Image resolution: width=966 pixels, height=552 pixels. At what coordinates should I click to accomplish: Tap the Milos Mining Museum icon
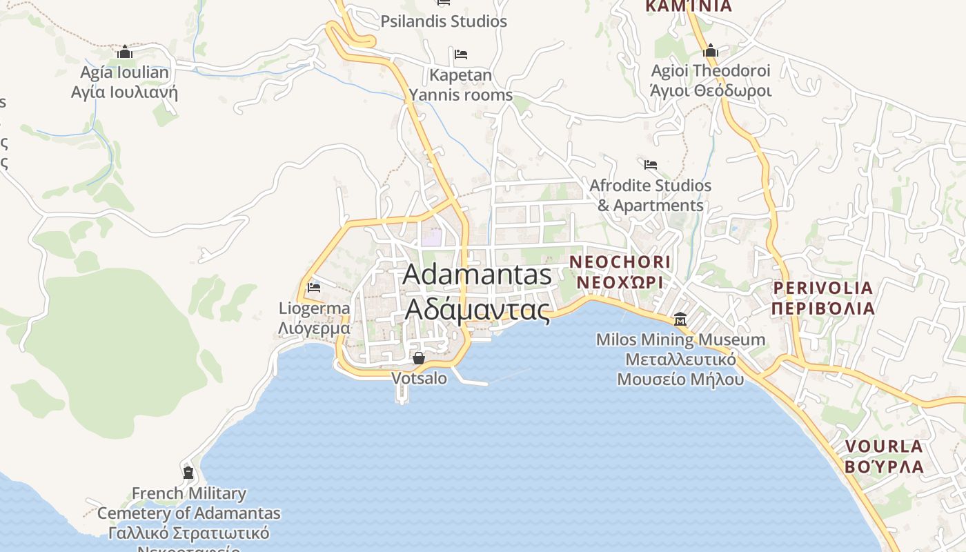[x=680, y=319]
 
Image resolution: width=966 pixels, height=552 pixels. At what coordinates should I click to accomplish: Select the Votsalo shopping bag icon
[x=418, y=357]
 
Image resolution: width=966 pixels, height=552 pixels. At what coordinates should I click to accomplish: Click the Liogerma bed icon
[x=314, y=287]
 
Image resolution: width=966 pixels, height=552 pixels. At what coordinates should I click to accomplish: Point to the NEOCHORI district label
[x=620, y=272]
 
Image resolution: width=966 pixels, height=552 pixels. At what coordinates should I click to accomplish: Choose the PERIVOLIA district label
[x=823, y=298]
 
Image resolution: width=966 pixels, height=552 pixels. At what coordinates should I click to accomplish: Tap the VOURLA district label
[x=884, y=456]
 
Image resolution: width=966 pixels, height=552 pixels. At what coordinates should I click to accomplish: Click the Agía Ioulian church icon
[x=124, y=52]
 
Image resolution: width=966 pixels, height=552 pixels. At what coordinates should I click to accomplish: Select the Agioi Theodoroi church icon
[x=711, y=50]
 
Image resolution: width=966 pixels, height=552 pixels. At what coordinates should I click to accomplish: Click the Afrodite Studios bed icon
[x=650, y=165]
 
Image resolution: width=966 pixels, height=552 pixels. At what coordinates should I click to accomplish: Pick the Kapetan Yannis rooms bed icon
[x=461, y=55]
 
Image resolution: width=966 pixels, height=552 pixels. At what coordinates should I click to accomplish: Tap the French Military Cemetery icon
[x=188, y=473]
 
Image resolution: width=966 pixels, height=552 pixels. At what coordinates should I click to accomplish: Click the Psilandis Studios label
[x=444, y=21]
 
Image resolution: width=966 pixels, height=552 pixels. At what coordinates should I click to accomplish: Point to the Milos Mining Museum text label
[x=680, y=359]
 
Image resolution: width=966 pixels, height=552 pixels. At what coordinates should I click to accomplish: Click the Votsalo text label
[x=419, y=378]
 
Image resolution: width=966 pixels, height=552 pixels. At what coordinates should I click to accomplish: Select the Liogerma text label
[x=314, y=318]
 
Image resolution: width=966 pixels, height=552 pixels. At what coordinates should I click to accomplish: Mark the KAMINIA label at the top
[x=688, y=6]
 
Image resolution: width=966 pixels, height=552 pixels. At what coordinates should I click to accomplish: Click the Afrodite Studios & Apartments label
[x=650, y=195]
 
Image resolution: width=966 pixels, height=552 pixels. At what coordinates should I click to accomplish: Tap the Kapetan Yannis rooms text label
[x=461, y=85]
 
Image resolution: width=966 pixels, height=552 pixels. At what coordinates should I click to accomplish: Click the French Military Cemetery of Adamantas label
[x=188, y=513]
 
